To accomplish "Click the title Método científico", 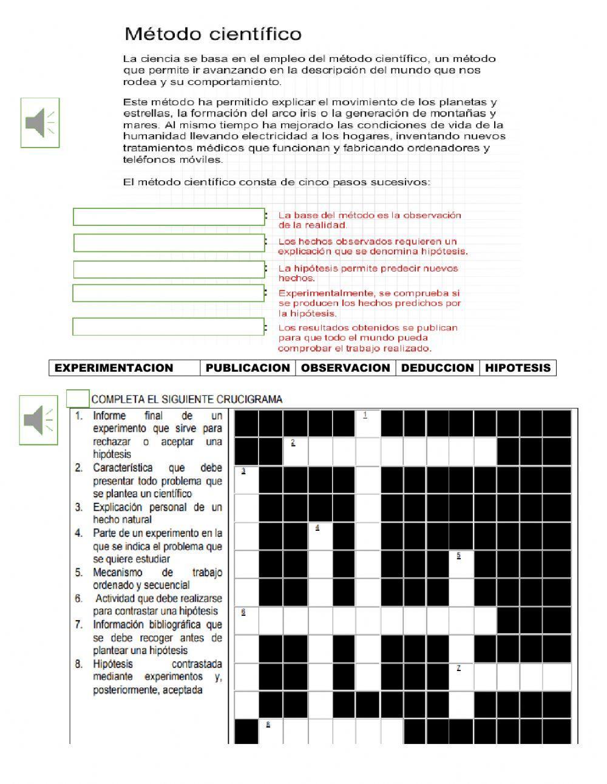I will pyautogui.click(x=213, y=34).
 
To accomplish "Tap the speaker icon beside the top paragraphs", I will pyautogui.click(x=40, y=122).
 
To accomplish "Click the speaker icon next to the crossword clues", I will pyautogui.click(x=38, y=420).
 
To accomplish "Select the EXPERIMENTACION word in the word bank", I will pyautogui.click(x=114, y=368).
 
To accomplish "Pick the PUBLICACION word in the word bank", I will pyautogui.click(x=248, y=368).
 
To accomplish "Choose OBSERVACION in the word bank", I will pyautogui.click(x=345, y=368).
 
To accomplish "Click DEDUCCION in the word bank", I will pyautogui.click(x=437, y=368).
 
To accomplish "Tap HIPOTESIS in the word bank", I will pyautogui.click(x=518, y=368).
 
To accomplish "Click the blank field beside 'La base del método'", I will pyautogui.click(x=169, y=217).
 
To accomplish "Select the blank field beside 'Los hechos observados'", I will pyautogui.click(x=169, y=243).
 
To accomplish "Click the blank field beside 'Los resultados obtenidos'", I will pyautogui.click(x=169, y=327).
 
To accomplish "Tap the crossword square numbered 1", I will pyautogui.click(x=368, y=423).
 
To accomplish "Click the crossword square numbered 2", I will pyautogui.click(x=296, y=451).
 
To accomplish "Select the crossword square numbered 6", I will pyautogui.click(x=246, y=620).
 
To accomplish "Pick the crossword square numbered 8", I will pyautogui.click(x=271, y=732).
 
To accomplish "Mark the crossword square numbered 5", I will pyautogui.click(x=461, y=564).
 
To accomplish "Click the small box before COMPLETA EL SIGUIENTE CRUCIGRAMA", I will pyautogui.click(x=78, y=398).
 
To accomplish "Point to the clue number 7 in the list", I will pyautogui.click(x=79, y=624).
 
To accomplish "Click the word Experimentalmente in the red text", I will pyautogui.click(x=319, y=293).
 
